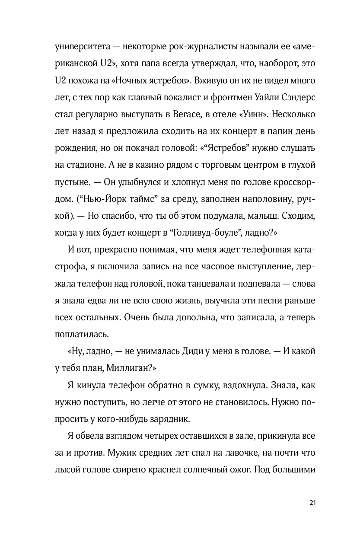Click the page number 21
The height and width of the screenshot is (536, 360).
313,503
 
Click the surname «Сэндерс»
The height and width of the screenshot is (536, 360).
297,99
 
